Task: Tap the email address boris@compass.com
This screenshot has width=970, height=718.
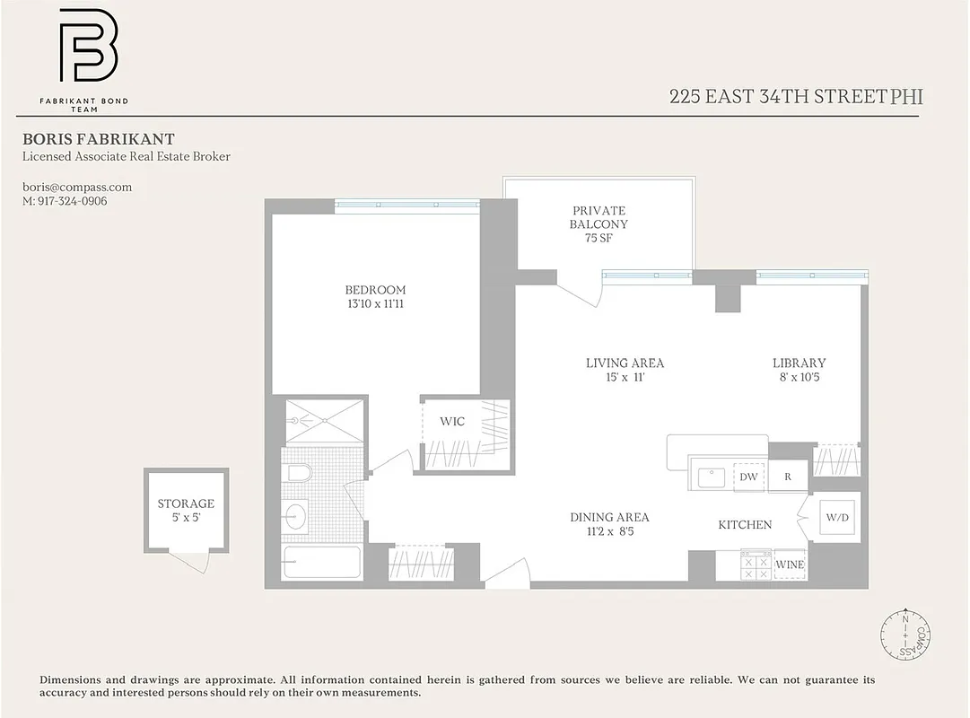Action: (x=77, y=187)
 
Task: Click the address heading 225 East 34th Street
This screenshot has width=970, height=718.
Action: (x=777, y=97)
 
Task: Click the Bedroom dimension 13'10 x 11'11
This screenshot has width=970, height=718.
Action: (x=375, y=304)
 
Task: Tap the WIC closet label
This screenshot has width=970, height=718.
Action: (x=452, y=421)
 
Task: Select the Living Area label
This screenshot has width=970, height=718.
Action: (x=625, y=363)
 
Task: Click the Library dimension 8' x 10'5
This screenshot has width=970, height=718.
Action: (x=799, y=377)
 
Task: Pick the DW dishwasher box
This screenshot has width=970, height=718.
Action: (x=748, y=477)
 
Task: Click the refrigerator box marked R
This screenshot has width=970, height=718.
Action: (x=788, y=477)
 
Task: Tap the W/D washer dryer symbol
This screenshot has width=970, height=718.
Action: (x=838, y=518)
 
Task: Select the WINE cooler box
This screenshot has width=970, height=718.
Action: (x=790, y=565)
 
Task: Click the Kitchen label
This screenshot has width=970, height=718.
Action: (x=745, y=524)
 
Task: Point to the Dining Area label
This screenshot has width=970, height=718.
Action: (x=609, y=518)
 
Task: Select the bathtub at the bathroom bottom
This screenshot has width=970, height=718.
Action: (x=320, y=563)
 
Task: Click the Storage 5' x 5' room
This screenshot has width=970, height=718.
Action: (x=186, y=510)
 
